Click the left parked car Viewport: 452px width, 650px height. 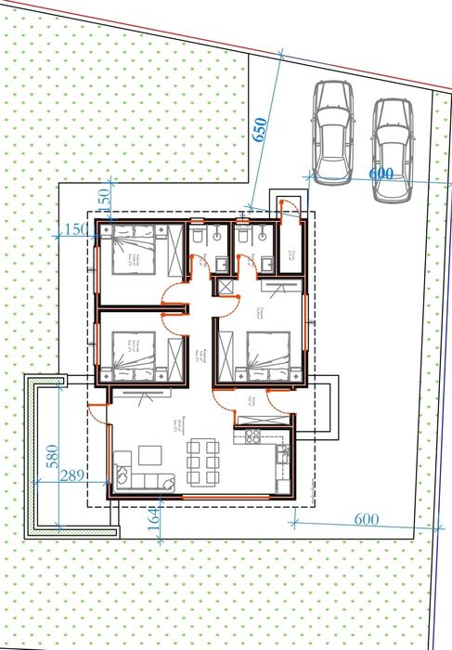coord(331,131)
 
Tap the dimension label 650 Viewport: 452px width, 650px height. coord(260,129)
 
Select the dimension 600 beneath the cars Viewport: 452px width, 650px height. coord(381,175)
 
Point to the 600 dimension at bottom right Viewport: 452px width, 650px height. coord(368,520)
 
